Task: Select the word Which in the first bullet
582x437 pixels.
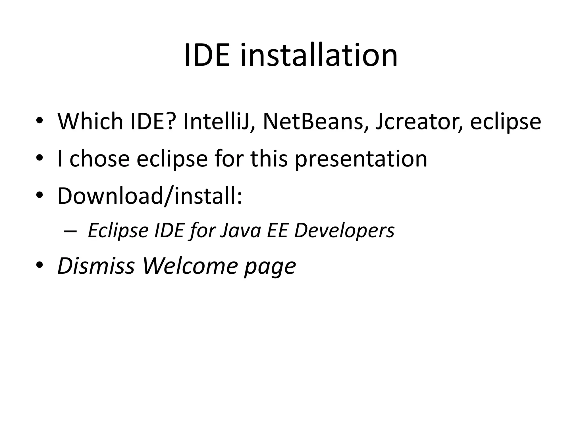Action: pyautogui.click(x=90, y=121)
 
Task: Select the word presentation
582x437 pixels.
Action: pyautogui.click(x=361, y=159)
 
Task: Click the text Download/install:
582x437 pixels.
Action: pyautogui.click(x=150, y=196)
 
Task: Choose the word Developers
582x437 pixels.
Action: pyautogui.click(x=344, y=231)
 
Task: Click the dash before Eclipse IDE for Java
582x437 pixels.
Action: pyautogui.click(x=70, y=231)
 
